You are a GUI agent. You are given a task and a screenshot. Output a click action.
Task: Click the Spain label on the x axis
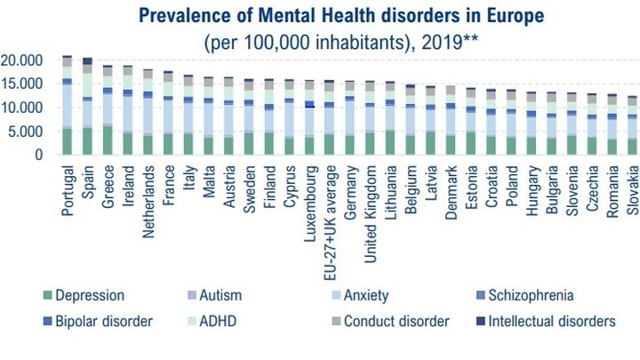tap(89, 181)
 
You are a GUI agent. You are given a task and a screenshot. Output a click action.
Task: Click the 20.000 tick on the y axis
tap(23, 60)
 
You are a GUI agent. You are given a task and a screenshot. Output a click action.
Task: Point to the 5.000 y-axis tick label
tap(27, 132)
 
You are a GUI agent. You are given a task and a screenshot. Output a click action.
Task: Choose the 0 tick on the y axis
tap(39, 155)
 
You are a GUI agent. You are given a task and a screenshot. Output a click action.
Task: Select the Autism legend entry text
tap(222, 295)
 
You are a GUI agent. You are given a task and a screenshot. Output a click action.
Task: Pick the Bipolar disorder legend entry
tap(104, 320)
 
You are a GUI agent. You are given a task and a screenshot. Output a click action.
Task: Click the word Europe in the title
tap(512, 15)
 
